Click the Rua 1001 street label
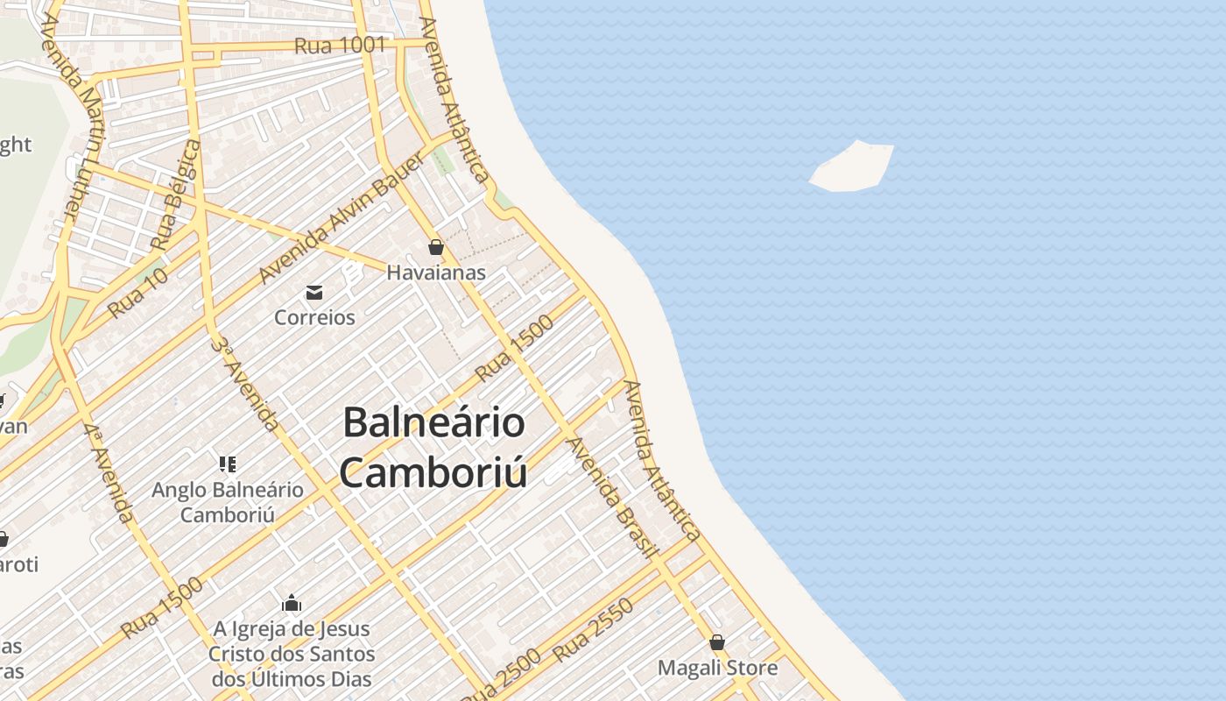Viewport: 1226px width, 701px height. click(340, 45)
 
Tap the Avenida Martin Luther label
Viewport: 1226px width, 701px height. click(75, 119)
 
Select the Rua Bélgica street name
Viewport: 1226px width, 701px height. click(175, 194)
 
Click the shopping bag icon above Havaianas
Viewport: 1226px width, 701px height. click(436, 247)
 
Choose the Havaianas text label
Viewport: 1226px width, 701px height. click(436, 273)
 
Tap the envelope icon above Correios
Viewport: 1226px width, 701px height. click(314, 292)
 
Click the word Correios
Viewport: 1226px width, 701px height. click(314, 317)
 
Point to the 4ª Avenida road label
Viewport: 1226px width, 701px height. click(110, 473)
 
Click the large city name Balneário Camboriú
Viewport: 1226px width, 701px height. click(434, 448)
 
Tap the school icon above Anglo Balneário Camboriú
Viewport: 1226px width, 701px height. click(228, 464)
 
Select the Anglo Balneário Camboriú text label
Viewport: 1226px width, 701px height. click(228, 501)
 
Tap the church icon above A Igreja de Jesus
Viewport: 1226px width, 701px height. click(292, 603)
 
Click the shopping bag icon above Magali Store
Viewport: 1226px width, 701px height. click(717, 642)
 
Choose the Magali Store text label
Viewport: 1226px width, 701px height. click(717, 669)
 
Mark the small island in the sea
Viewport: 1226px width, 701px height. click(852, 167)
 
